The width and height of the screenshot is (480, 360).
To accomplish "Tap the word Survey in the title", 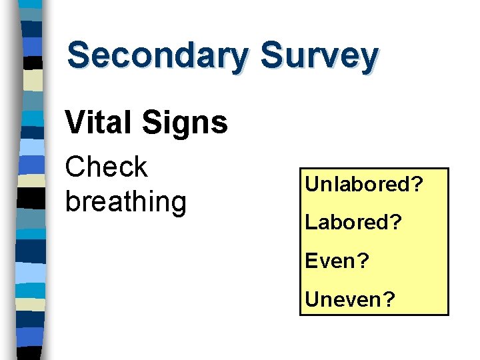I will tap(320, 56).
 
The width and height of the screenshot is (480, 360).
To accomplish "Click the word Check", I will tap(106, 167).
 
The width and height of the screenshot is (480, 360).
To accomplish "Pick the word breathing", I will tap(125, 202).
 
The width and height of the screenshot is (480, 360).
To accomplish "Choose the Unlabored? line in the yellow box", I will tap(364, 184).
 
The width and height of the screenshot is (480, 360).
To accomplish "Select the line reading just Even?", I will tap(337, 261).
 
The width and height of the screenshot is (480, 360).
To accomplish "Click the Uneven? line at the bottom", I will tap(350, 299).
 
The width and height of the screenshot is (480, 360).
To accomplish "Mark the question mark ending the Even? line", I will tap(364, 261).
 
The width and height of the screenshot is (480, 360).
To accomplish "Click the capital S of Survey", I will tap(271, 55).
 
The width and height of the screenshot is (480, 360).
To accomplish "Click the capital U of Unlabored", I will tap(312, 184).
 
